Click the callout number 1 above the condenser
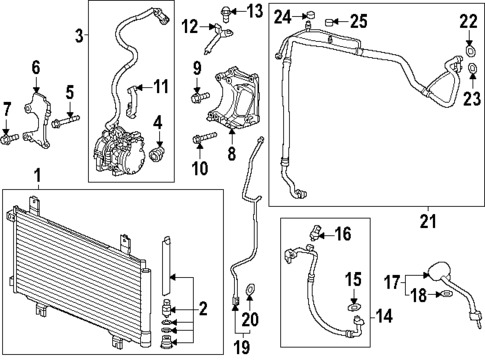pyautogui.click(x=37, y=177)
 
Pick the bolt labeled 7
pyautogui.click(x=9, y=135)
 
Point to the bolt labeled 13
pyautogui.click(x=226, y=13)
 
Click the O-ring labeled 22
pyautogui.click(x=469, y=45)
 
